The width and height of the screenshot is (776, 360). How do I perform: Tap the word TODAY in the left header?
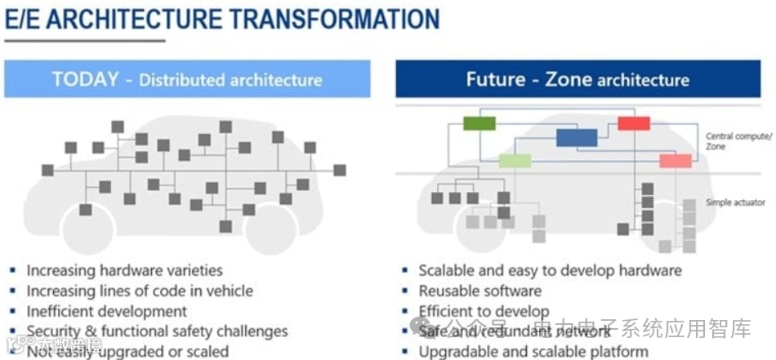[x=85, y=79]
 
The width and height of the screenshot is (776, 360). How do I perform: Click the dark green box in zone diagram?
[x=479, y=123]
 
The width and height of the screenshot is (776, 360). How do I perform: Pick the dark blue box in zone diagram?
[x=577, y=137]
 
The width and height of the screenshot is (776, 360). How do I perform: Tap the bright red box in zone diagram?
[x=634, y=123]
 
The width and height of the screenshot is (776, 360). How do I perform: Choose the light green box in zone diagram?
[x=515, y=161]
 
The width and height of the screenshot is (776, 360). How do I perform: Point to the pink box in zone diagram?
[x=676, y=161]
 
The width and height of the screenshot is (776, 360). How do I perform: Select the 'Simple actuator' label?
[x=735, y=202]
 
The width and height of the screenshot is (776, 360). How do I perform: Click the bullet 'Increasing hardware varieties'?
[x=124, y=270]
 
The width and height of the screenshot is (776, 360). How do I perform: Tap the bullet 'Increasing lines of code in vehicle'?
[x=140, y=291]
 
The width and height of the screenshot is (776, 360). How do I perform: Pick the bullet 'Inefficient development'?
[x=106, y=311]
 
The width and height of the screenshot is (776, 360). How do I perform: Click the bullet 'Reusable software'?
[x=479, y=291]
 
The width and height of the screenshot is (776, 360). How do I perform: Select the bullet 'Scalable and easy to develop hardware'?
[x=550, y=270]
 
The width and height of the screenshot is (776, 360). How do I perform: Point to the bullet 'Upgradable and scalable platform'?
[x=533, y=352]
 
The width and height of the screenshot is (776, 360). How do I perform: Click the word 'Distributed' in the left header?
[x=181, y=80]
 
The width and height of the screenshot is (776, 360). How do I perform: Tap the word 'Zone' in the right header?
[x=568, y=79]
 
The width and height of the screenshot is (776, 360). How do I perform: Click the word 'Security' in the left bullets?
[x=56, y=331]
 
